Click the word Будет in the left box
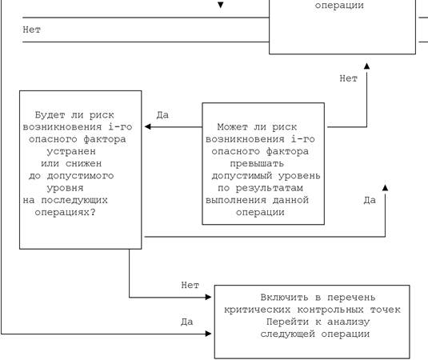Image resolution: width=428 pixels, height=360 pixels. click(50, 115)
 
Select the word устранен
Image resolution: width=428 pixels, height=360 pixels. click(71, 151)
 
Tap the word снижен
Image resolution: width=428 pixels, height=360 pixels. click(83, 163)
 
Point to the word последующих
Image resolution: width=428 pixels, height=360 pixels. click(74, 200)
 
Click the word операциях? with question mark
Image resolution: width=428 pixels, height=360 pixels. click(65, 212)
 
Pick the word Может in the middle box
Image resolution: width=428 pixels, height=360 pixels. click(232, 127)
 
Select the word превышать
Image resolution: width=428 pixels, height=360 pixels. click(257, 164)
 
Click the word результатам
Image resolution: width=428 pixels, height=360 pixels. click(269, 188)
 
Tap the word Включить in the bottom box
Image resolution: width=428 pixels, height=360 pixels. click(285, 298)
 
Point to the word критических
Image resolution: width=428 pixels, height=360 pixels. click(257, 310)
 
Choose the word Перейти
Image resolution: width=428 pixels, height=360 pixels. click(287, 322)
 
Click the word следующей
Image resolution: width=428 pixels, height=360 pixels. click(287, 334)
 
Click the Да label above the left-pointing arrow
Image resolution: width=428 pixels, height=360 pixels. click(162, 115)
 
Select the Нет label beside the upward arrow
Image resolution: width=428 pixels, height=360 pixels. click(348, 78)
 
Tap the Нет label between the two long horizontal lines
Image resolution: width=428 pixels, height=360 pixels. click(32, 30)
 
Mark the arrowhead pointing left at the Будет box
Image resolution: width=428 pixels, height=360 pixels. click(148, 126)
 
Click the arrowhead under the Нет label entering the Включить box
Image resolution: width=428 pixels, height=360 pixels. click(208, 297)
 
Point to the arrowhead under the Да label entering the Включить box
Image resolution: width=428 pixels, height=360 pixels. click(208, 334)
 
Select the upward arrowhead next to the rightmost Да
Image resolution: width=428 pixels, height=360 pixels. click(385, 187)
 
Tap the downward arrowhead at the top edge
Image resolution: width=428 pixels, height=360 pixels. click(221, 5)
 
